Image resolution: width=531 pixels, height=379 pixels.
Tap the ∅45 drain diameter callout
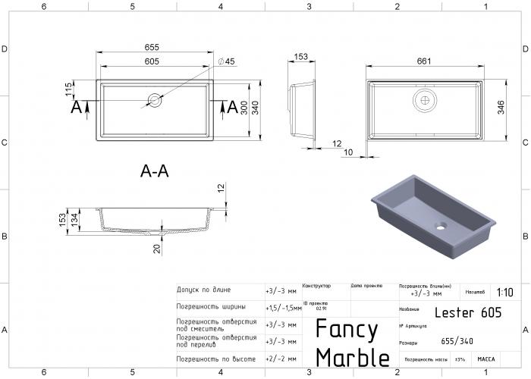(x=226, y=61)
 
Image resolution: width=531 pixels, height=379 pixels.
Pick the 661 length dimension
(x=425, y=61)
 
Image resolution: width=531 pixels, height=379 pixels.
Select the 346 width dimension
(x=501, y=108)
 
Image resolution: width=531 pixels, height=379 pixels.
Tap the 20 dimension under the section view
(x=156, y=249)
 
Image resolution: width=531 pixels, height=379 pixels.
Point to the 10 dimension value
(x=348, y=152)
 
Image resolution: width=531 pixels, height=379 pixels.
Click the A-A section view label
(x=155, y=172)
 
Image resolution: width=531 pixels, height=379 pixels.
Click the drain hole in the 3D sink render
(x=441, y=226)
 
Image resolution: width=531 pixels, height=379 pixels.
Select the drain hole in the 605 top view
(x=155, y=99)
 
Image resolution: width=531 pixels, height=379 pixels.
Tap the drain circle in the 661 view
(x=426, y=99)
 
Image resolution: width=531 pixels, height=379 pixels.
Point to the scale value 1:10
(x=504, y=292)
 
